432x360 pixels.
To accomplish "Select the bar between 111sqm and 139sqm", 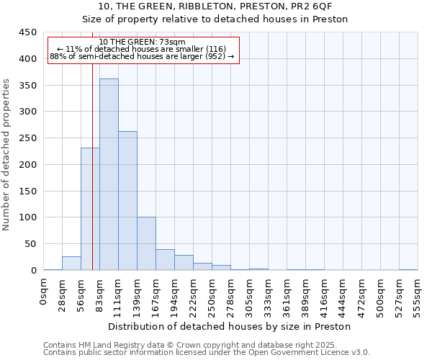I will pyautogui.click(x=127, y=201).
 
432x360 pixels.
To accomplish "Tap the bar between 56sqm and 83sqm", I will pyautogui.click(x=90, y=209).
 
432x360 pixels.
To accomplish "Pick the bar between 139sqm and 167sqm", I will pyautogui.click(x=146, y=243).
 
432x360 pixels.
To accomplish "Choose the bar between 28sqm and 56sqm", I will pyautogui.click(x=71, y=264).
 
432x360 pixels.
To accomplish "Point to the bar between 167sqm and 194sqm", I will pyautogui.click(x=165, y=260).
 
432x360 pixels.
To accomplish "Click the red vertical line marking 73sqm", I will pyautogui.click(x=93, y=180).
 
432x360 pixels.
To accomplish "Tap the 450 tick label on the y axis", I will pyautogui.click(x=28, y=32).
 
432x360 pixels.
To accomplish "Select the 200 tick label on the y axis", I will pyautogui.click(x=28, y=165).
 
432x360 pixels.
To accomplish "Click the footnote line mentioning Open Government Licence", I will pyautogui.click(x=206, y=353).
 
